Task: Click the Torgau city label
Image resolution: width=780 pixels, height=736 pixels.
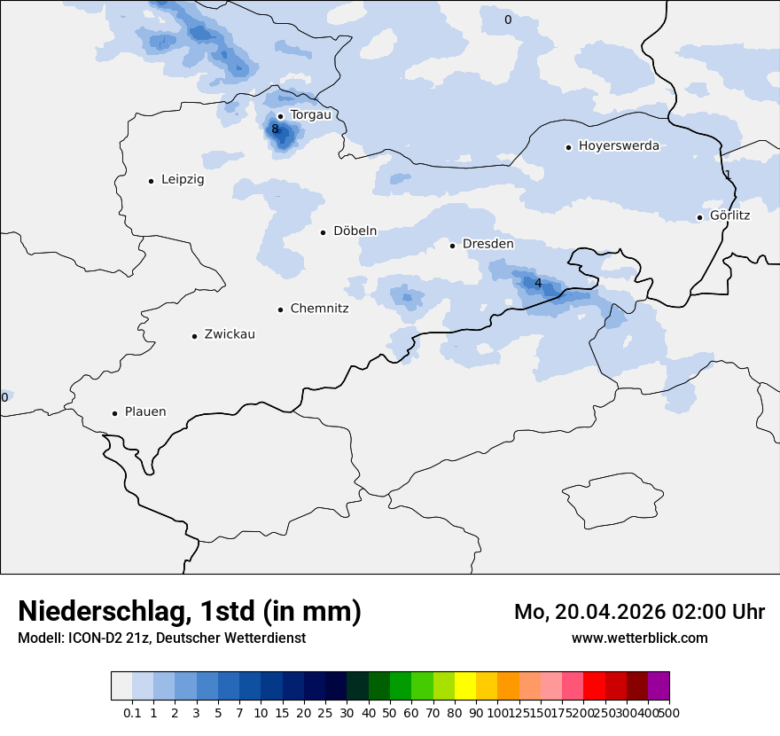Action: point(310,115)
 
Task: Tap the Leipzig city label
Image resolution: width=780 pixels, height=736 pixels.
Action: point(183,180)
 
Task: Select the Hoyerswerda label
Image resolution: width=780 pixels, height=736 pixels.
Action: point(619,146)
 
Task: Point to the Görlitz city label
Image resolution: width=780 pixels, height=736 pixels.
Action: point(729,215)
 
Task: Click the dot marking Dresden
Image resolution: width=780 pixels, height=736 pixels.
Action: point(452,245)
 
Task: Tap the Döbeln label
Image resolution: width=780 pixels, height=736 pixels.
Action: point(355,231)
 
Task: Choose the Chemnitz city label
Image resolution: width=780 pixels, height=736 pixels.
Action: point(319,309)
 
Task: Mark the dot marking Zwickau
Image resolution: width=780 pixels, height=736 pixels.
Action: point(194,336)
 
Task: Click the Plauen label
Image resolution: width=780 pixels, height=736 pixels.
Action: point(145,412)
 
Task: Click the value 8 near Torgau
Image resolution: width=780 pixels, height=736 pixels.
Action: point(275,129)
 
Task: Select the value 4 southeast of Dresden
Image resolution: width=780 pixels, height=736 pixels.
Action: point(538,283)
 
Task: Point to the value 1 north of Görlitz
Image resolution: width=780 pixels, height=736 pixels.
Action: point(728,175)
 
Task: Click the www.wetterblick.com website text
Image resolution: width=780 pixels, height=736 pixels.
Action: point(639,638)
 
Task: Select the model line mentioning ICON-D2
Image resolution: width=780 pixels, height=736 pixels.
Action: point(161,638)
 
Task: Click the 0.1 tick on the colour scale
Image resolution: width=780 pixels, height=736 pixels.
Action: point(132,713)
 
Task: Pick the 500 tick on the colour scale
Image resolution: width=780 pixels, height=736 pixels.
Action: point(669,713)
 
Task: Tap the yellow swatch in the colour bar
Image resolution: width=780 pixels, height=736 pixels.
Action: point(465,686)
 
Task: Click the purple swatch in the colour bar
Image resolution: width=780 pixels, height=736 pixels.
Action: point(659,686)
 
